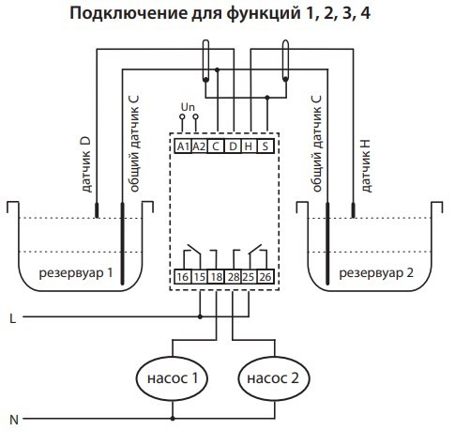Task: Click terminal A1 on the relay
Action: click(x=183, y=146)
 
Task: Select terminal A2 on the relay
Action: click(x=199, y=146)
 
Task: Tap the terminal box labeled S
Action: click(x=265, y=146)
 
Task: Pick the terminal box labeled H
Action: click(x=249, y=146)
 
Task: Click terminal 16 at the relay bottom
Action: click(x=183, y=278)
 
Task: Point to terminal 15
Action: click(x=199, y=278)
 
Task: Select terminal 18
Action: click(x=215, y=278)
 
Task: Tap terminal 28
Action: click(x=232, y=278)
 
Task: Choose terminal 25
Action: click(x=249, y=278)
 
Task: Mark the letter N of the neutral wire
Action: click(x=11, y=416)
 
